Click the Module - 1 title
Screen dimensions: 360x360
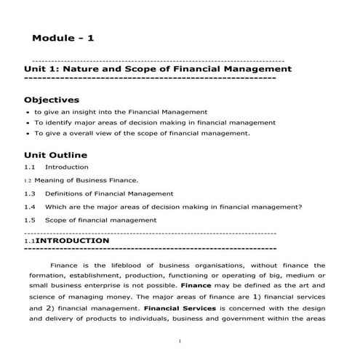[63, 38]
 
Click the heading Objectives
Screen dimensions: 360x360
[52, 99]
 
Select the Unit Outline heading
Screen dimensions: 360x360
[55, 155]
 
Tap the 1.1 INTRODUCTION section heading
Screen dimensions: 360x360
[72, 240]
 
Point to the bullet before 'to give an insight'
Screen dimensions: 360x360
[27, 113]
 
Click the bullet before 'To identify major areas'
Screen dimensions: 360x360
[27, 124]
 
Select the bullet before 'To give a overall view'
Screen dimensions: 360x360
[27, 134]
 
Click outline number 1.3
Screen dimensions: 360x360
[30, 193]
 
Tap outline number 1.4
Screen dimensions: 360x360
[30, 207]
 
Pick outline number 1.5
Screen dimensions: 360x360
[30, 220]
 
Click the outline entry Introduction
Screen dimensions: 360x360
[67, 167]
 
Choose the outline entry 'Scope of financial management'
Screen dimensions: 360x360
[100, 220]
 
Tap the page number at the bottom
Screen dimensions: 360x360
[180, 341]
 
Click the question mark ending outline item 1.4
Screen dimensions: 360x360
[300, 207]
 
